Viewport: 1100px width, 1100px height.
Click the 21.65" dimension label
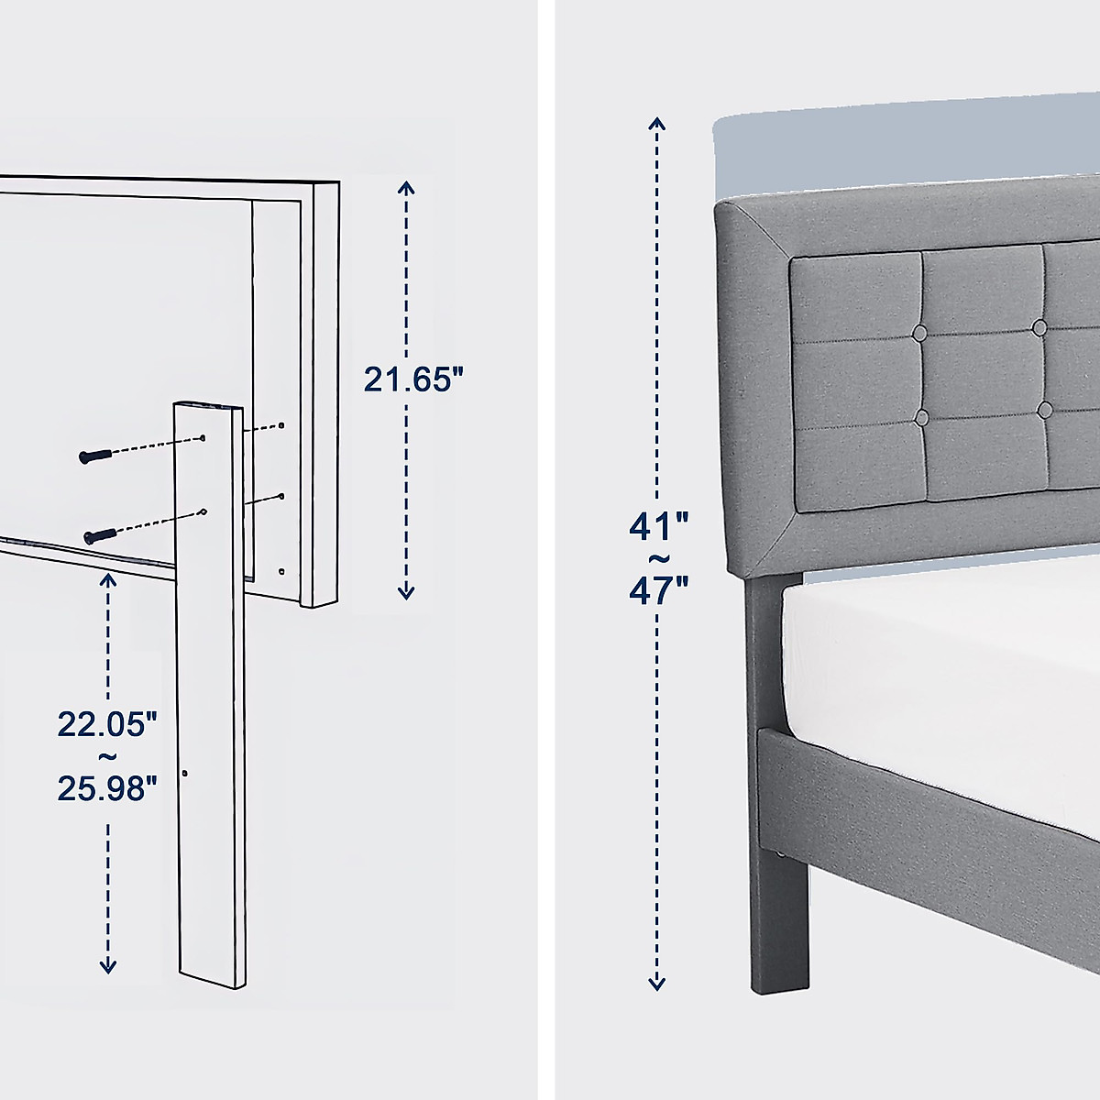click(x=408, y=379)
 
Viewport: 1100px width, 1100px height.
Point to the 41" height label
click(x=657, y=527)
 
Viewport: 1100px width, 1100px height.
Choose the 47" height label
click(x=657, y=591)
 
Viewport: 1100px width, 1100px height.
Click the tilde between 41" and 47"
click(x=657, y=559)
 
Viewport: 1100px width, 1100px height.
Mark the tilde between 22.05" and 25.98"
click(x=107, y=756)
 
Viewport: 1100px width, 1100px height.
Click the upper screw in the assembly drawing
click(x=94, y=456)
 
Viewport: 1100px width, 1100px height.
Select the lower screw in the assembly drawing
click(x=99, y=534)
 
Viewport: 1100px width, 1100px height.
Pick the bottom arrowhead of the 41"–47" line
click(x=656, y=984)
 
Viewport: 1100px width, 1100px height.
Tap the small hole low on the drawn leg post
click(x=185, y=775)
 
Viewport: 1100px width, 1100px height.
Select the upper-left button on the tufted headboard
click(x=919, y=331)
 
